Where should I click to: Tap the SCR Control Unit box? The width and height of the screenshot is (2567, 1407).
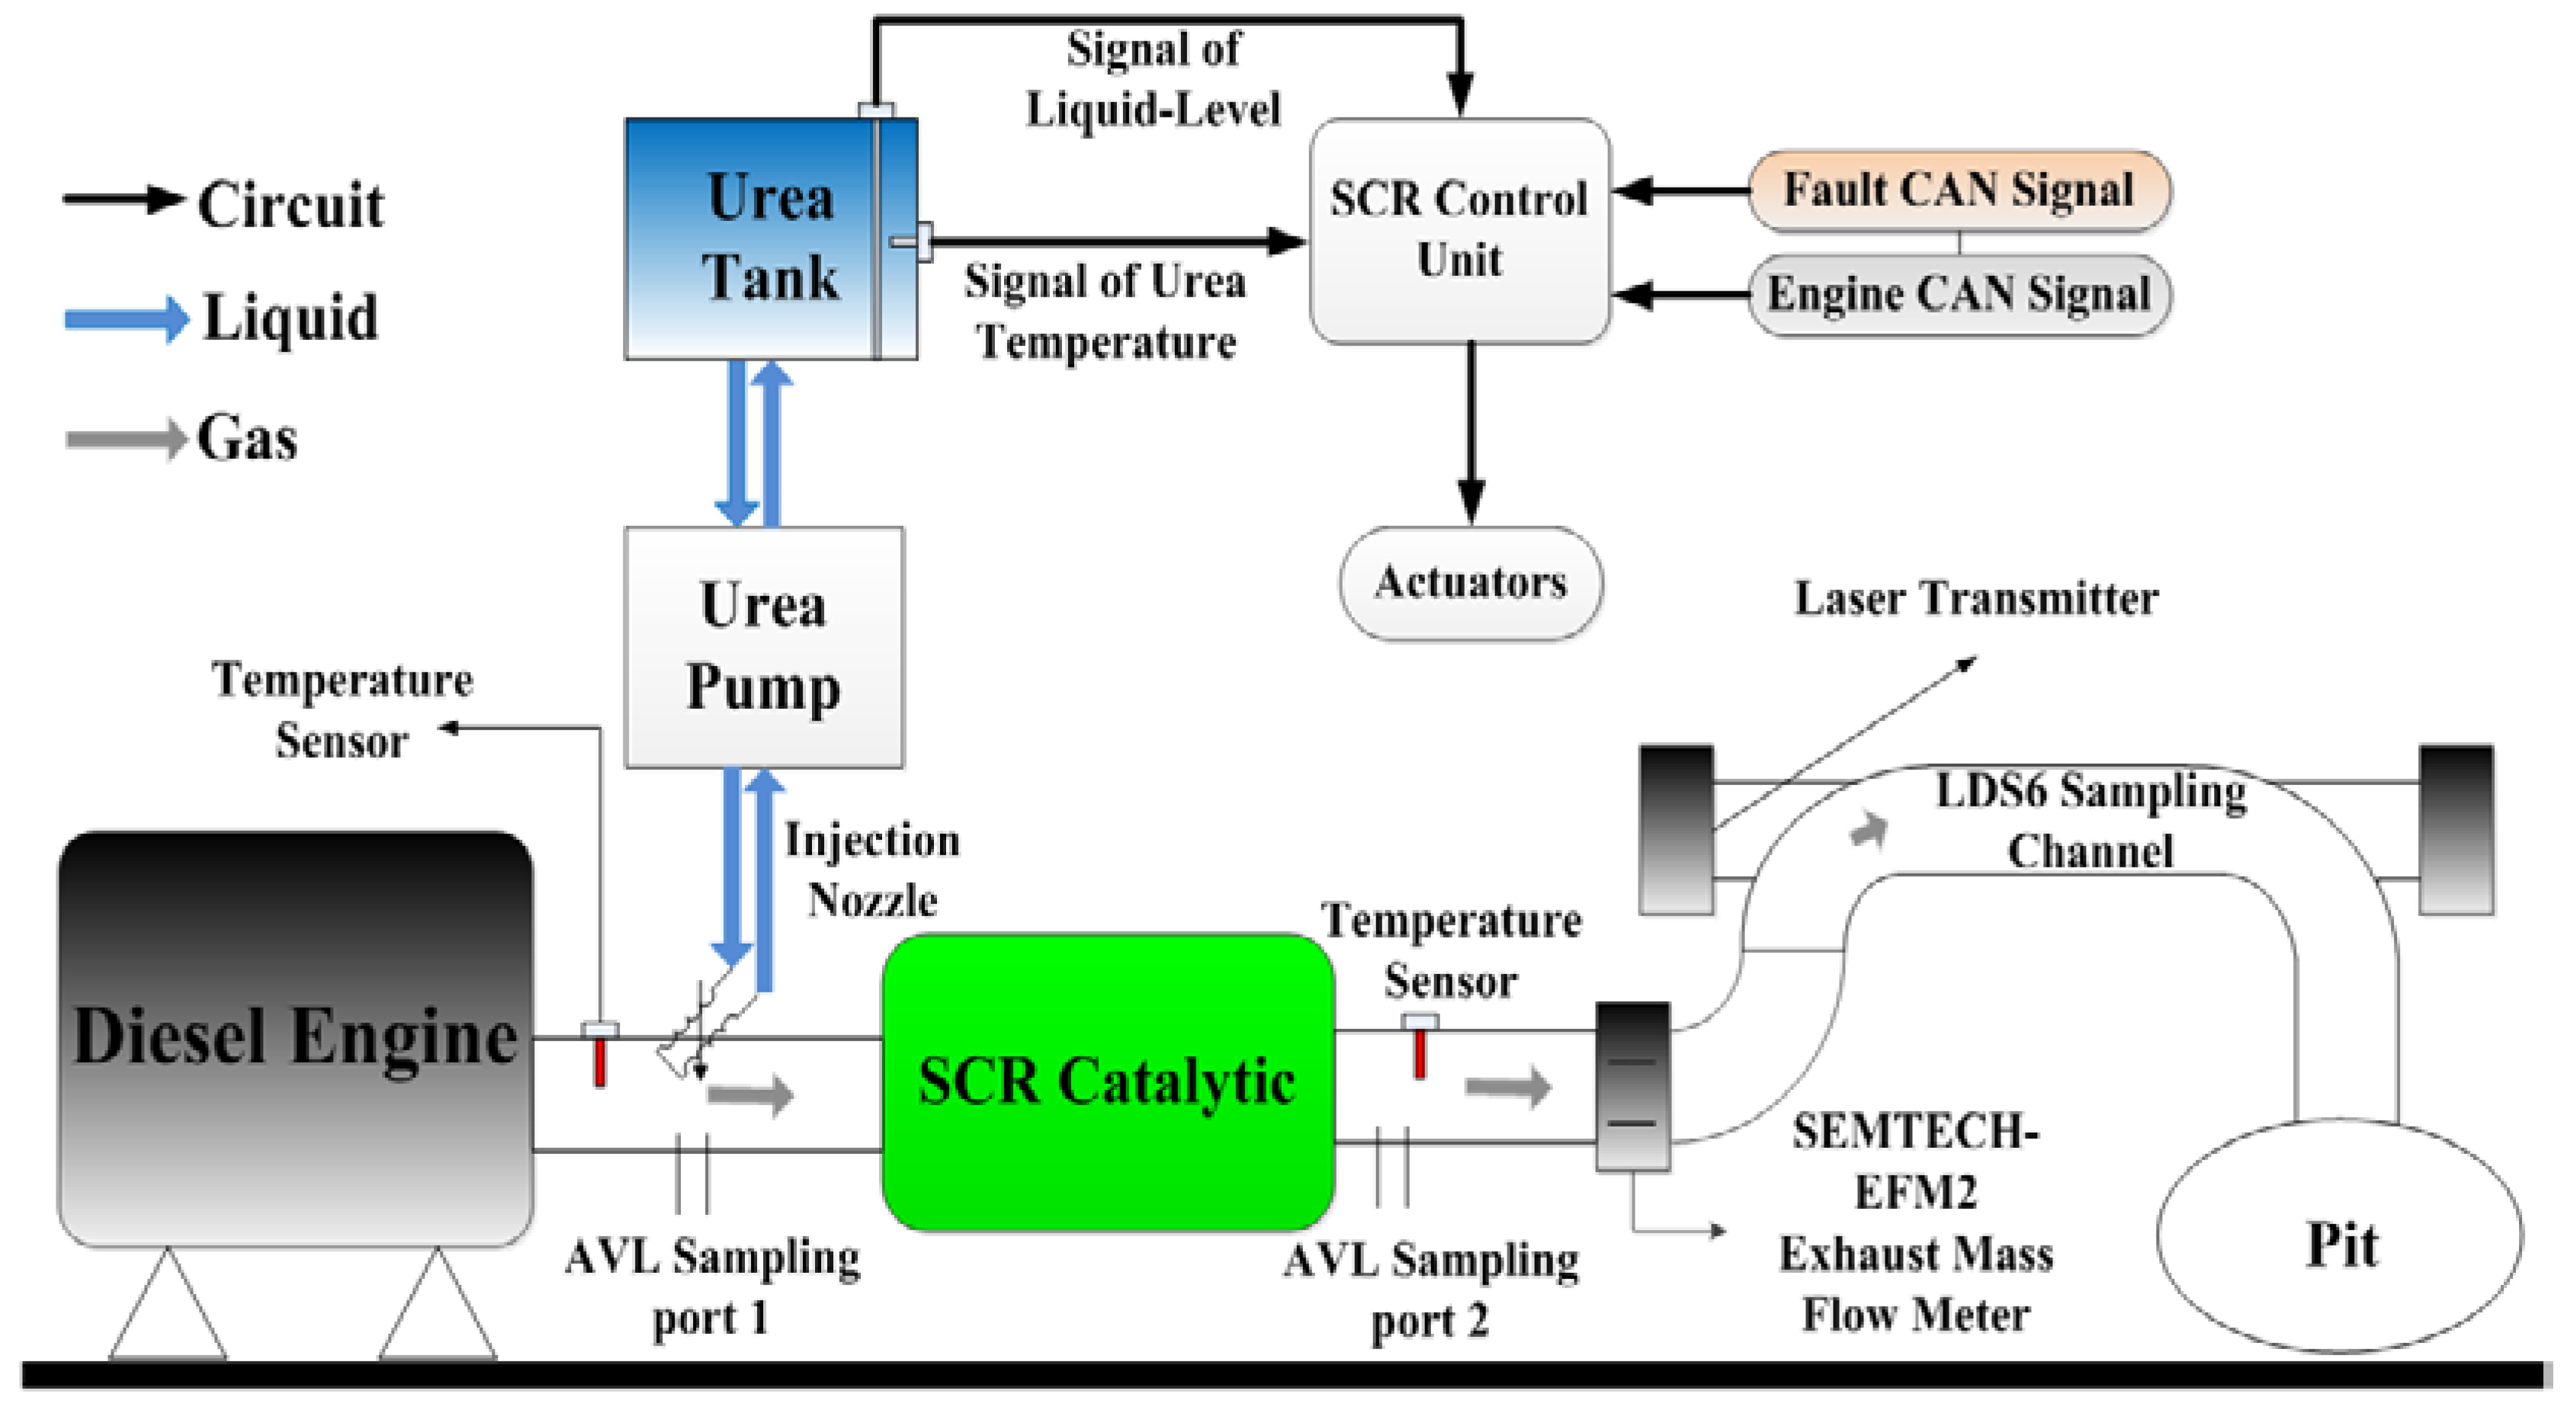tap(1460, 231)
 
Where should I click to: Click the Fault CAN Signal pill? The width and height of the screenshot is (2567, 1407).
tap(1960, 191)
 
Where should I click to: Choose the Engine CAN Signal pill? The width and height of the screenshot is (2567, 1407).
tap(1960, 295)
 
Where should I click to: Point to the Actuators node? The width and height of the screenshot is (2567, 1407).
tap(1471, 583)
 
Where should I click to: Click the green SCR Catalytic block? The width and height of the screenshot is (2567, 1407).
tap(1108, 1082)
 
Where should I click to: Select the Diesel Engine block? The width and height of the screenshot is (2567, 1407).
tap(295, 1038)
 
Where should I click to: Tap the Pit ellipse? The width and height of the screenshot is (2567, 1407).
tap(2340, 1236)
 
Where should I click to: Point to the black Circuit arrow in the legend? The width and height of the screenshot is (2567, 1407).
tap(124, 199)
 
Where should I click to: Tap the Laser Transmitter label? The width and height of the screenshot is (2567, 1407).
tap(1977, 599)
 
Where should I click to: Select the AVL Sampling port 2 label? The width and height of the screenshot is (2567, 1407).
tap(1431, 1291)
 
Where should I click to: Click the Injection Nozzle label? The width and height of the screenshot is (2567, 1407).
tap(873, 870)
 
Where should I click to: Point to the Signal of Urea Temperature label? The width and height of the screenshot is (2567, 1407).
tap(1105, 311)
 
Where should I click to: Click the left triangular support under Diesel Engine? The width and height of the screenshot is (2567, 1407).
tap(168, 1304)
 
